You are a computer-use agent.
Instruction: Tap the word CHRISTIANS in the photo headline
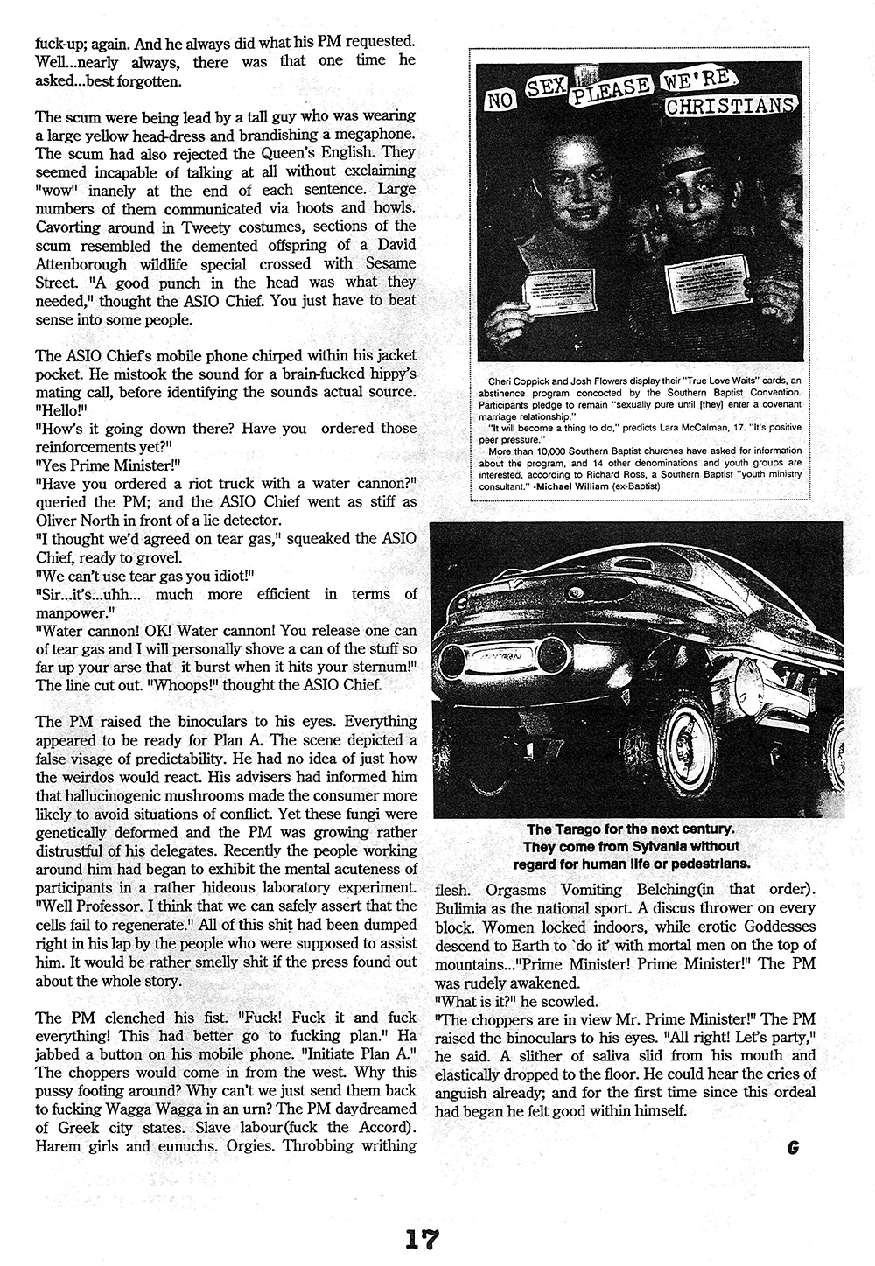click(x=731, y=107)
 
